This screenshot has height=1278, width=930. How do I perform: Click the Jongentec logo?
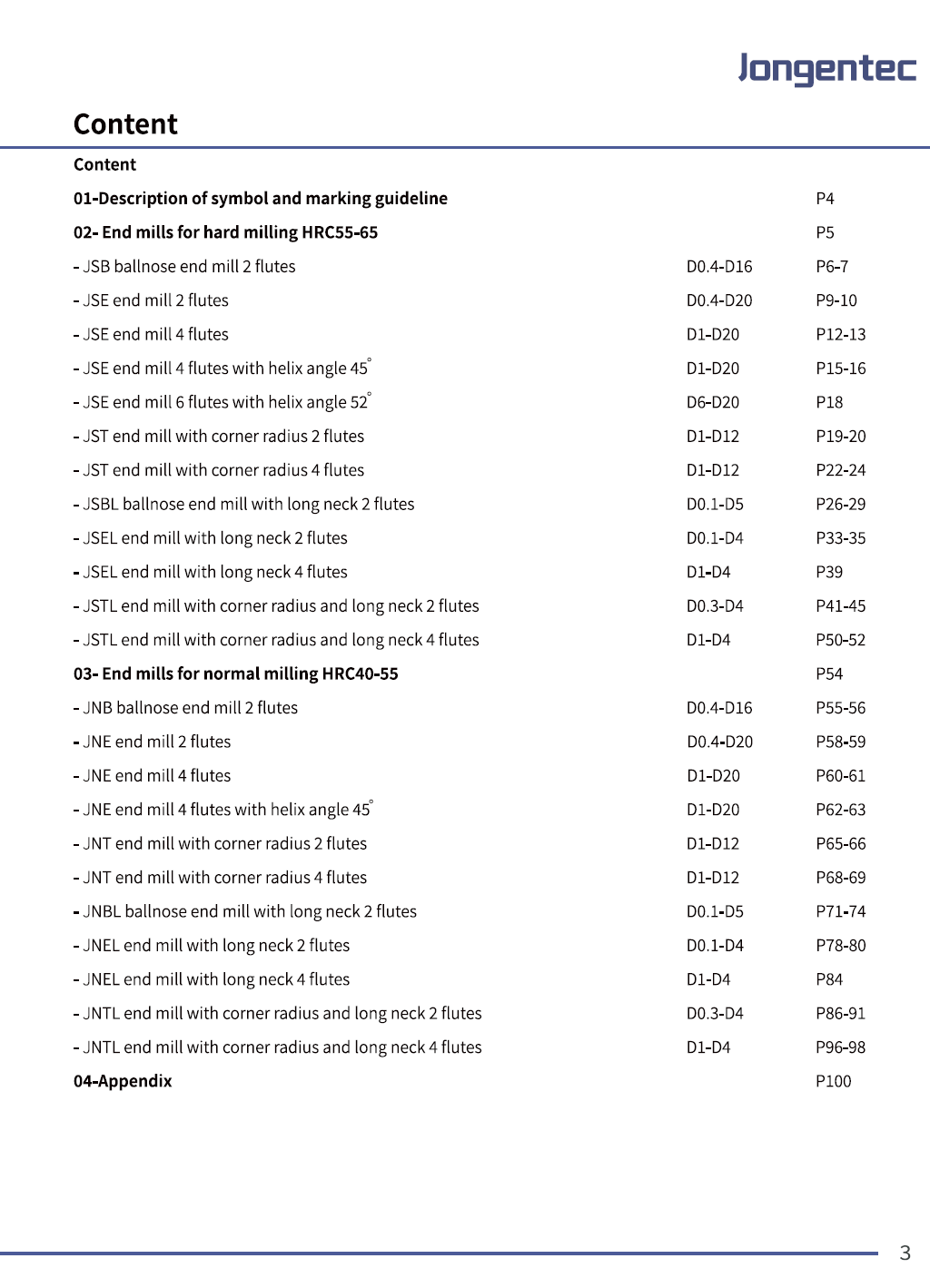[x=827, y=69]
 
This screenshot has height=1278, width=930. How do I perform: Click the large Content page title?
[x=125, y=124]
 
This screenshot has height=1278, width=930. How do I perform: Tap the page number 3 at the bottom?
[x=905, y=1253]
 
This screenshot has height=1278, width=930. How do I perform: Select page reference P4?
[x=825, y=199]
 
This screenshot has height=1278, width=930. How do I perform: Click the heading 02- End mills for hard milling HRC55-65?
[x=225, y=232]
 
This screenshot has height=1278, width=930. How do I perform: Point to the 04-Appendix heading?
[x=123, y=1081]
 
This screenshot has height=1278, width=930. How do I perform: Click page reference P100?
[x=833, y=1081]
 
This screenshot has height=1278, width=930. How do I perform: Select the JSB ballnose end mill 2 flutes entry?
[x=184, y=267]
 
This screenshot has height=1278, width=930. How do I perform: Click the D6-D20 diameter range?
[x=713, y=402]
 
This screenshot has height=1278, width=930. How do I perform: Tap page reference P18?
[x=829, y=402]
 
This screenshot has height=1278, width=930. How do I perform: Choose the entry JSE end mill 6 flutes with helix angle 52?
[x=222, y=402]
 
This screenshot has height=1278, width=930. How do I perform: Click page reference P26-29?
[x=840, y=504]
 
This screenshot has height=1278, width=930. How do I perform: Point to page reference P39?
[x=829, y=572]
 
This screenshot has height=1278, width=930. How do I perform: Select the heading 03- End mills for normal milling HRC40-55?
[x=236, y=673]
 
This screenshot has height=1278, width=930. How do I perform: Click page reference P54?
[x=829, y=673]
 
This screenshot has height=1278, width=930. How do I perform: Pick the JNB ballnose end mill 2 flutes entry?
[x=185, y=708]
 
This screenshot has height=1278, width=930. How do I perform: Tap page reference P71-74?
[x=840, y=911]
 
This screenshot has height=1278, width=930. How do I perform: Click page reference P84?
[x=829, y=979]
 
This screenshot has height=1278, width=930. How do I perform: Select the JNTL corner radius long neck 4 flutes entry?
[x=277, y=1047]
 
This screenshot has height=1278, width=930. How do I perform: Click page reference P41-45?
[x=840, y=606]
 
